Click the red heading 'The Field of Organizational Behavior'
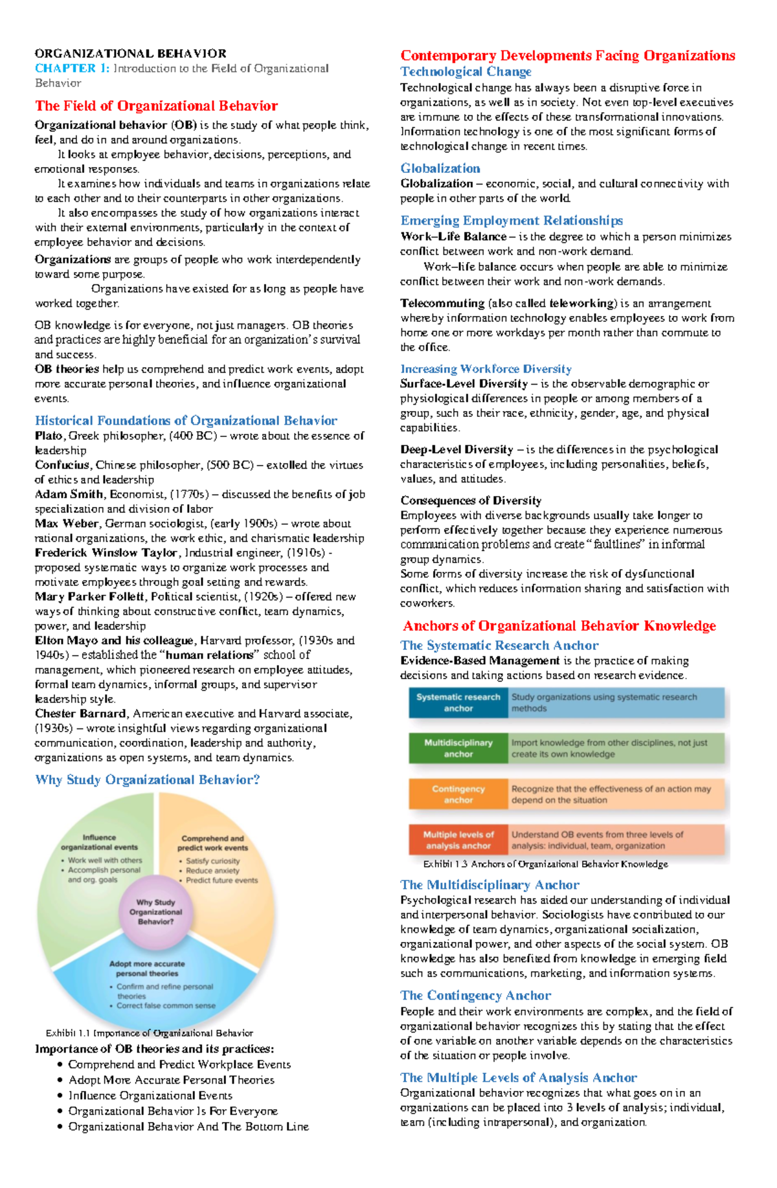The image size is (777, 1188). tap(156, 106)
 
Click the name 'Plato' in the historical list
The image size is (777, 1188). tap(49, 436)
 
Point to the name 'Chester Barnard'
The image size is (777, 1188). tap(80, 713)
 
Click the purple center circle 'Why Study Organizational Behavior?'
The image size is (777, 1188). tap(155, 912)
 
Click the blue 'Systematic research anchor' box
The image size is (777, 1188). tap(458, 702)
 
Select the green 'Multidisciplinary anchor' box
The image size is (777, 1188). tap(458, 748)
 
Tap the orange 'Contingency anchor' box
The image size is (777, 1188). tap(458, 794)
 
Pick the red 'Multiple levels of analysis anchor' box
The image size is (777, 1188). tap(458, 840)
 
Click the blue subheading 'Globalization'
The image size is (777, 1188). tap(440, 168)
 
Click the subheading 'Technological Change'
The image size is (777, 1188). tap(466, 72)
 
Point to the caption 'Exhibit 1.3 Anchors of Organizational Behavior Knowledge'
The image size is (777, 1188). tap(545, 864)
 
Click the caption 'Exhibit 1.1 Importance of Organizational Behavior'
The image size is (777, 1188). tap(149, 1033)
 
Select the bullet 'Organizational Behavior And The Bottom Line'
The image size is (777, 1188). tap(188, 1126)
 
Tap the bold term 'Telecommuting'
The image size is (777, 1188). tap(442, 303)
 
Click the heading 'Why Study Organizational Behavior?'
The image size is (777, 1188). tap(148, 779)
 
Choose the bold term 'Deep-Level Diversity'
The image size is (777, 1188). tap(456, 449)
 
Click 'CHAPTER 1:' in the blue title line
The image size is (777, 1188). tap(72, 69)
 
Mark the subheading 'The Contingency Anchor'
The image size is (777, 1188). tap(475, 995)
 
